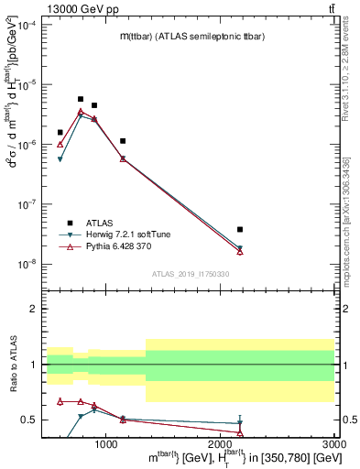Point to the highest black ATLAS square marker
pyautogui.click(x=81, y=99)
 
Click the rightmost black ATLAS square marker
pyautogui.click(x=240, y=229)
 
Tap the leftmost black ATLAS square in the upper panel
pyautogui.click(x=60, y=132)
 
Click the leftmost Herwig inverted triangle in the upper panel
pyautogui.click(x=60, y=159)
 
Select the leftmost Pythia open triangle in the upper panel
pyautogui.click(x=60, y=144)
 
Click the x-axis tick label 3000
pyautogui.click(x=333, y=443)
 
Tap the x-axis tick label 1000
pyautogui.click(x=106, y=443)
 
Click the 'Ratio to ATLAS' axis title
pyautogui.click(x=12, y=365)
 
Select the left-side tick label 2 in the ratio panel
pyautogui.click(x=34, y=310)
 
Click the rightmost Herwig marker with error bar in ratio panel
pyautogui.click(x=240, y=423)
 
